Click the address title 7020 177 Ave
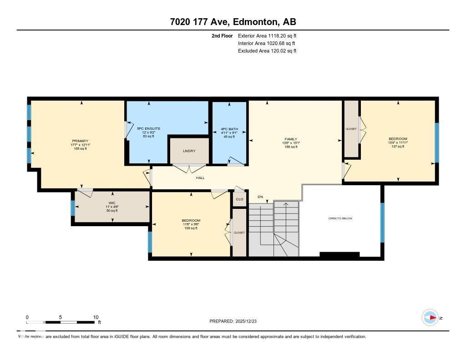(233, 22)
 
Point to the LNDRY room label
(189, 151)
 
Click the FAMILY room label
(291, 139)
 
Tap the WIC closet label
(112, 203)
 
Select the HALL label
(200, 178)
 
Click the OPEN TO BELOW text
(340, 218)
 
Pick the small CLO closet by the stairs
(239, 199)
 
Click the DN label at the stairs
(260, 197)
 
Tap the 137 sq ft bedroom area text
(398, 147)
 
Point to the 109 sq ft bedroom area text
(191, 228)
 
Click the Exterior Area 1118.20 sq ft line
(267, 35)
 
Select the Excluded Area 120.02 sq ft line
(267, 51)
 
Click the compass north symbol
(430, 318)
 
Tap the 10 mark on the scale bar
(96, 317)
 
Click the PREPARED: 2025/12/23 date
(236, 321)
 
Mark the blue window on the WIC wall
(73, 208)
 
